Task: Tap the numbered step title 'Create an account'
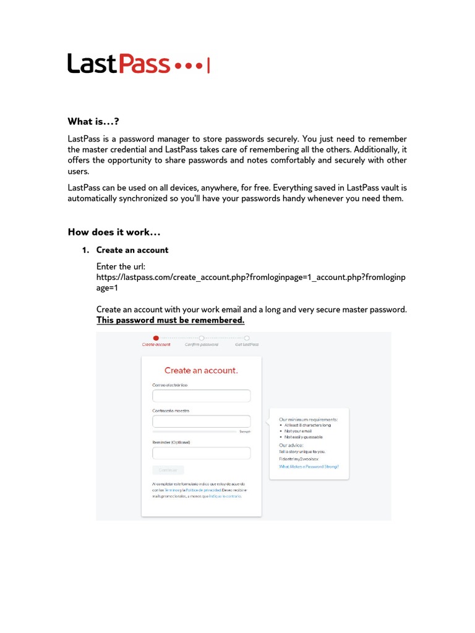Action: (132, 250)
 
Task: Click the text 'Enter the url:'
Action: (121, 266)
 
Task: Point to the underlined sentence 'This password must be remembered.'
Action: (170, 320)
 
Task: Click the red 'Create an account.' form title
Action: (201, 370)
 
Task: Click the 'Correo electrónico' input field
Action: (201, 396)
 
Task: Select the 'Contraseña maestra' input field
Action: (201, 422)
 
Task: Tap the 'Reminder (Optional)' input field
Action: (201, 453)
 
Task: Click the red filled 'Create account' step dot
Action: (156, 338)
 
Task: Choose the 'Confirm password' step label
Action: (201, 344)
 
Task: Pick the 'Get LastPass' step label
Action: (246, 344)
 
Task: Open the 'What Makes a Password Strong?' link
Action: (309, 467)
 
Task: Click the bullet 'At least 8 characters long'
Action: (308, 425)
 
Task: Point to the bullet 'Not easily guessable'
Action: (304, 436)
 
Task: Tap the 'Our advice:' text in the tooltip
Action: (291, 445)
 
